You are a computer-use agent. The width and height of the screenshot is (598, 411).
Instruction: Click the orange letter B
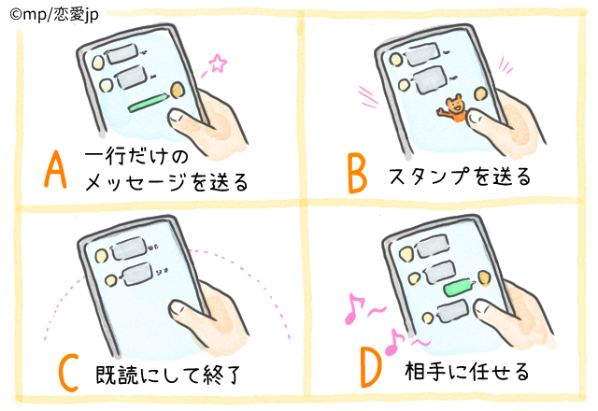[x=355, y=173]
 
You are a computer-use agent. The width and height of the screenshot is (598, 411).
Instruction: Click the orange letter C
[x=68, y=372]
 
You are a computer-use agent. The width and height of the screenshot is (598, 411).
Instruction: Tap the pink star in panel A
[x=218, y=64]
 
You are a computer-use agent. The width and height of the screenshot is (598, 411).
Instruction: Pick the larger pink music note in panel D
[x=352, y=309]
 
